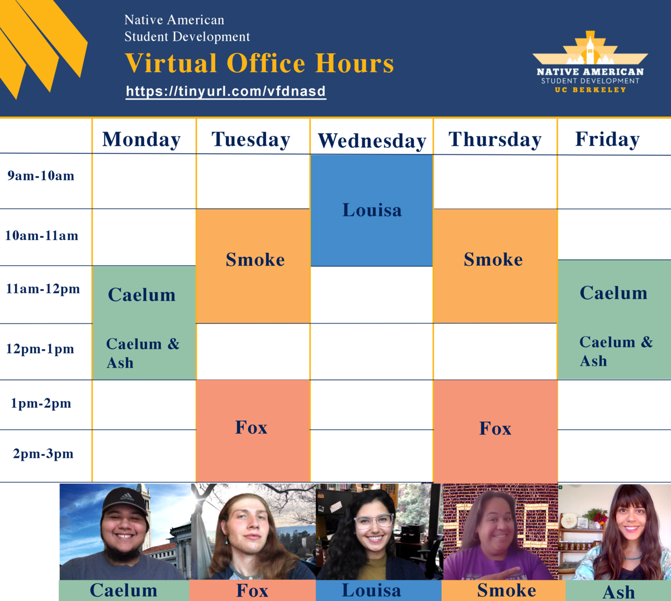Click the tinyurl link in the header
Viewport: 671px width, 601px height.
(x=226, y=91)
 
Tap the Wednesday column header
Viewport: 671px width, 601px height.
(x=372, y=141)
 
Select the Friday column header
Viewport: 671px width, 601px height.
(x=607, y=139)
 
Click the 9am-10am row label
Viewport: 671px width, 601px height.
(x=41, y=176)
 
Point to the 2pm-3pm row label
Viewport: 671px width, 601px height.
(x=43, y=453)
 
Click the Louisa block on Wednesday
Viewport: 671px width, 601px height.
(x=372, y=210)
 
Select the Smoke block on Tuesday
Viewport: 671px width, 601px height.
(x=253, y=266)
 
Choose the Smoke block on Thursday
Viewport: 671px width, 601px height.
(x=495, y=266)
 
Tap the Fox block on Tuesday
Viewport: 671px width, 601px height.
(x=253, y=431)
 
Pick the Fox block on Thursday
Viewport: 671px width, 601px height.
(x=495, y=431)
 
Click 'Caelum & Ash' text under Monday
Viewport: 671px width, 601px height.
(x=143, y=353)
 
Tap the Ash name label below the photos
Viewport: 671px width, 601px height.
(x=618, y=592)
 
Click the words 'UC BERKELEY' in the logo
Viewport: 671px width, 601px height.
(x=590, y=90)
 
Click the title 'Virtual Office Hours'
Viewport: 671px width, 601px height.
(x=259, y=63)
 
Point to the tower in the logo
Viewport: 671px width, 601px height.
(x=589, y=50)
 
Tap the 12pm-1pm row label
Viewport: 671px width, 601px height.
(x=40, y=349)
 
